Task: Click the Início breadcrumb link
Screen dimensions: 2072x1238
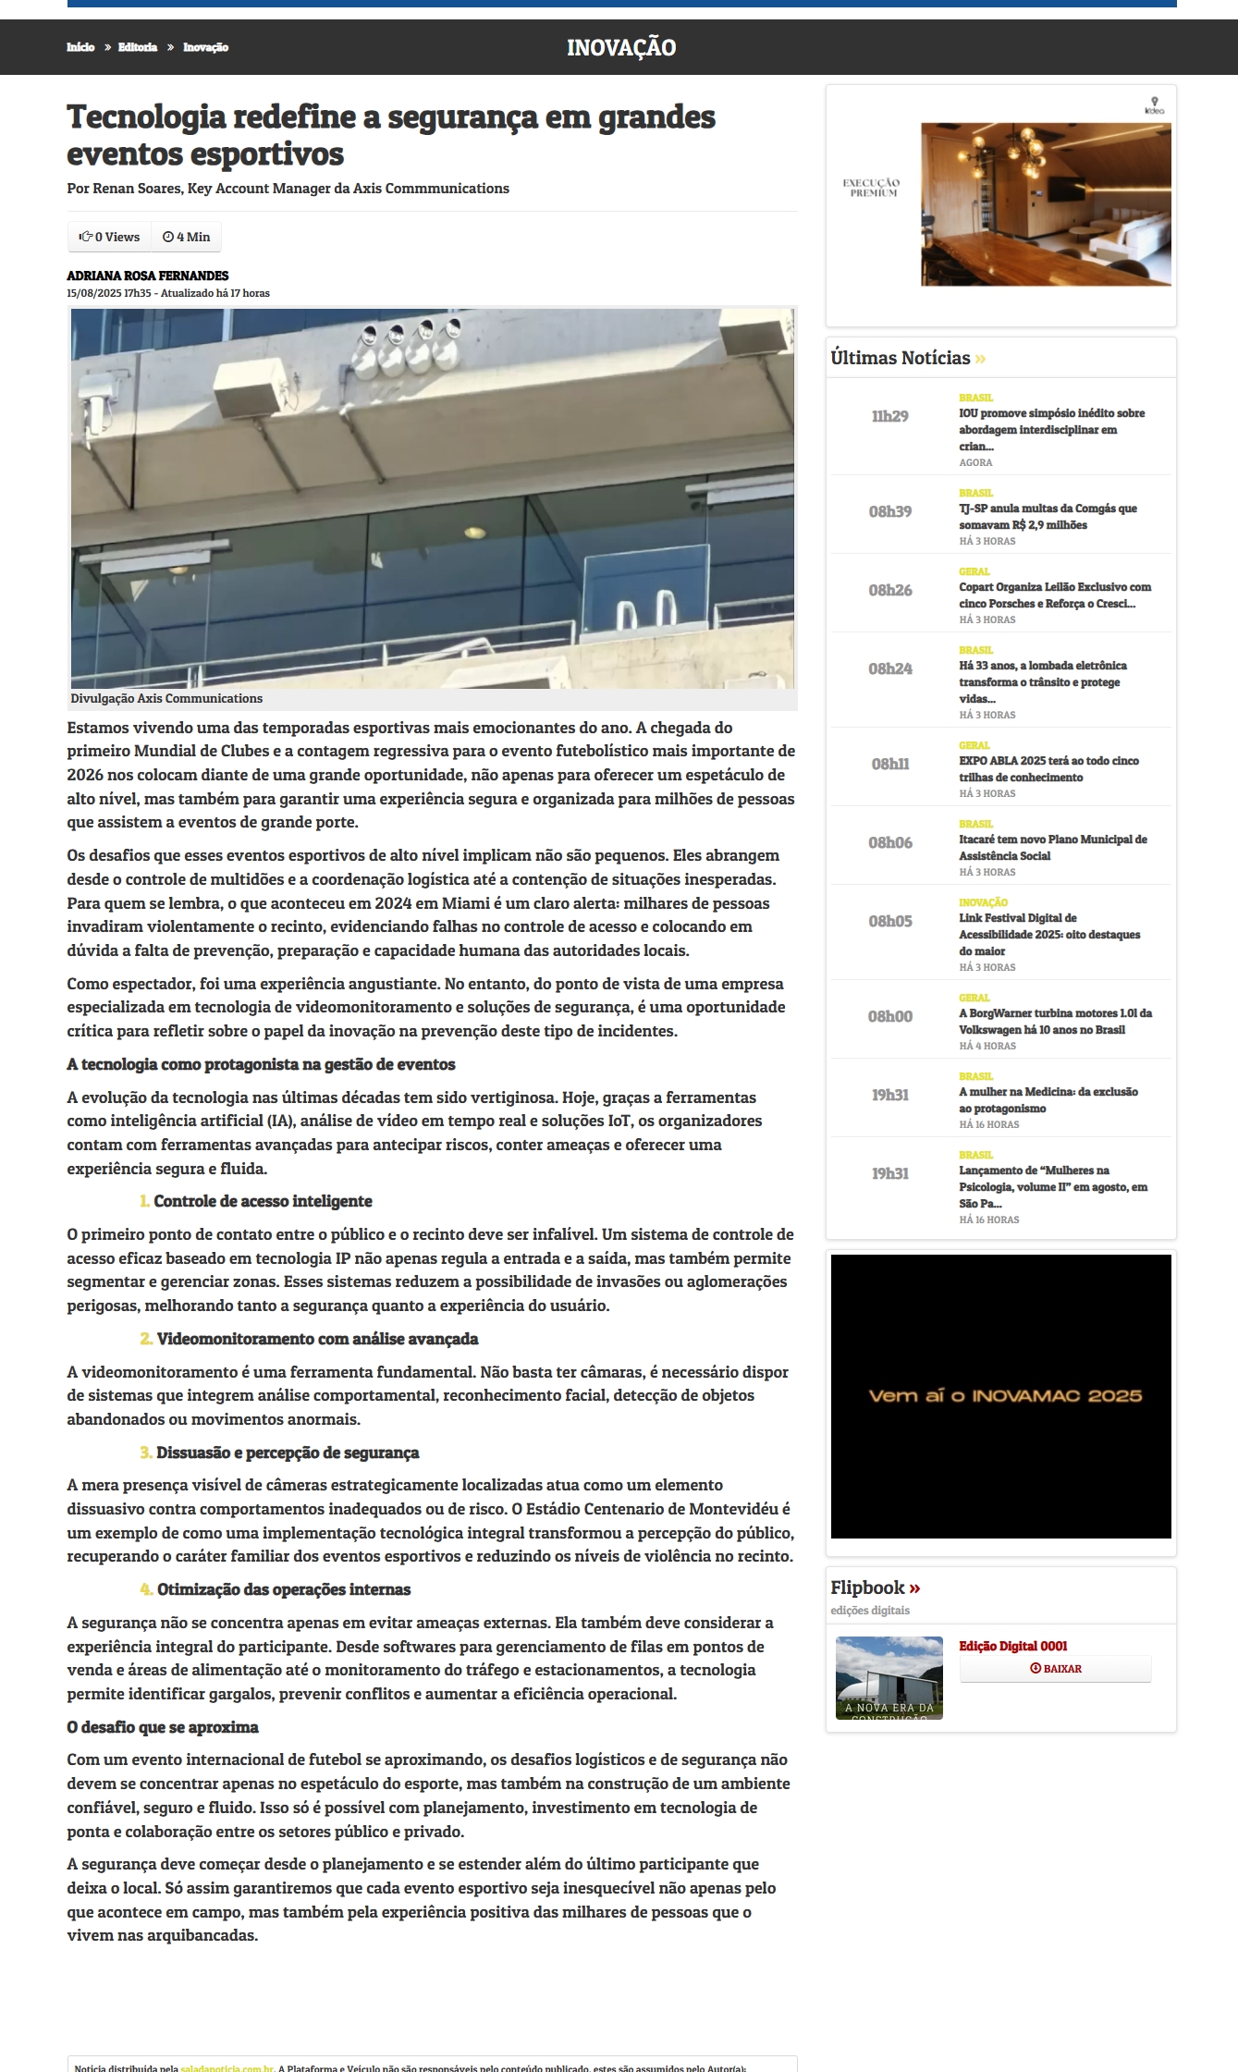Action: [x=80, y=47]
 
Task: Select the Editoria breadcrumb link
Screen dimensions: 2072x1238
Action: [x=137, y=47]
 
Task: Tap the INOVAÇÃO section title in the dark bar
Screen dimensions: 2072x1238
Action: [x=620, y=48]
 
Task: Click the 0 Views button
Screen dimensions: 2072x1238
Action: [x=110, y=237]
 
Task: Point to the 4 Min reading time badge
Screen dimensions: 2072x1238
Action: [x=187, y=237]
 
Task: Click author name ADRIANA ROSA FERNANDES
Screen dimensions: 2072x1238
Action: [x=147, y=276]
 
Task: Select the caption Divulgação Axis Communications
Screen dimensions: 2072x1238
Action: [x=166, y=698]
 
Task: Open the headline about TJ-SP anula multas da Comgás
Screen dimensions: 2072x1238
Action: [x=1048, y=517]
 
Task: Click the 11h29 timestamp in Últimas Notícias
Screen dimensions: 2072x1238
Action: [x=889, y=417]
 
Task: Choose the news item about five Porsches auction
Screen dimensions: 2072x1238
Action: [x=1054, y=595]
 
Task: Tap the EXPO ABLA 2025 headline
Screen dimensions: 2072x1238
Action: [x=1048, y=768]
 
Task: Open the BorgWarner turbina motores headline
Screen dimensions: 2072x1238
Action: [x=1055, y=1021]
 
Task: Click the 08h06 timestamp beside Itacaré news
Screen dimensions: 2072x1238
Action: [x=889, y=843]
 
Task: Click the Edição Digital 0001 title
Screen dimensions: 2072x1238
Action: [x=1012, y=1646]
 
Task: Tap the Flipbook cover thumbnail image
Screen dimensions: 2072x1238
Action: [x=889, y=1678]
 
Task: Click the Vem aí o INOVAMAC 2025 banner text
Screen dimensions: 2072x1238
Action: [x=1005, y=1395]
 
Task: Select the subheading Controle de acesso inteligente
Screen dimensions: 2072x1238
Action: [x=263, y=1201]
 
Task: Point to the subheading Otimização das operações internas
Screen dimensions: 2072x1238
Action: [x=283, y=1589]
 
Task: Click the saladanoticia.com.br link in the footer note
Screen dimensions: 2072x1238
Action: [x=227, y=2068]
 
